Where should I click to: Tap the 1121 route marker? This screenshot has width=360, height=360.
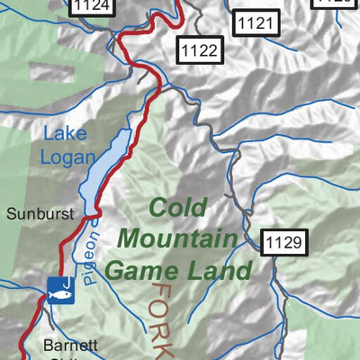(253, 23)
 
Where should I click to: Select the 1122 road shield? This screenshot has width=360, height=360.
(198, 49)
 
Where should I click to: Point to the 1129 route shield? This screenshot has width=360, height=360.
(285, 241)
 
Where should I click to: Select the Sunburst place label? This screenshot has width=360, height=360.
(38, 214)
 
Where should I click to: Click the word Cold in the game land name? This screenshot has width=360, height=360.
(177, 208)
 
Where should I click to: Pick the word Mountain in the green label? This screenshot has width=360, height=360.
(177, 238)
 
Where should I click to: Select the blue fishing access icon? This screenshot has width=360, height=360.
(58, 289)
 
